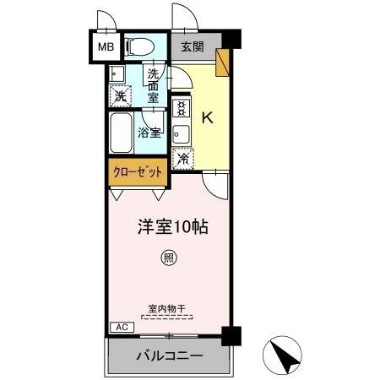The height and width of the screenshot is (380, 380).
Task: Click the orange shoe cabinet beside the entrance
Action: coord(223,63)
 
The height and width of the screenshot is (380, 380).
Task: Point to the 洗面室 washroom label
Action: coord(153,84)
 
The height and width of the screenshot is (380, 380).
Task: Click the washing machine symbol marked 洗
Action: coord(120,95)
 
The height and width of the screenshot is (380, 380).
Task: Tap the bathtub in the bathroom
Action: coord(121,131)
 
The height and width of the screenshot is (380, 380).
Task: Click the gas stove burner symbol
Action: coord(181,108)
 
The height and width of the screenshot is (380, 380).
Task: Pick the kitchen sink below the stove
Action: coord(181,133)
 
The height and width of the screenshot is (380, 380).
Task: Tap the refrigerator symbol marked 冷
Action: coord(183,157)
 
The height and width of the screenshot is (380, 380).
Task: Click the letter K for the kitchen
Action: coord(207,117)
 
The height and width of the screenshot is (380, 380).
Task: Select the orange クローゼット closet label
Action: coord(138,172)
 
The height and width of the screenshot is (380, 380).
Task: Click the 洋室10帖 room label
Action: coord(174,226)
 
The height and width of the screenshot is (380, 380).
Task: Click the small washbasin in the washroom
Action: coord(115,73)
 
